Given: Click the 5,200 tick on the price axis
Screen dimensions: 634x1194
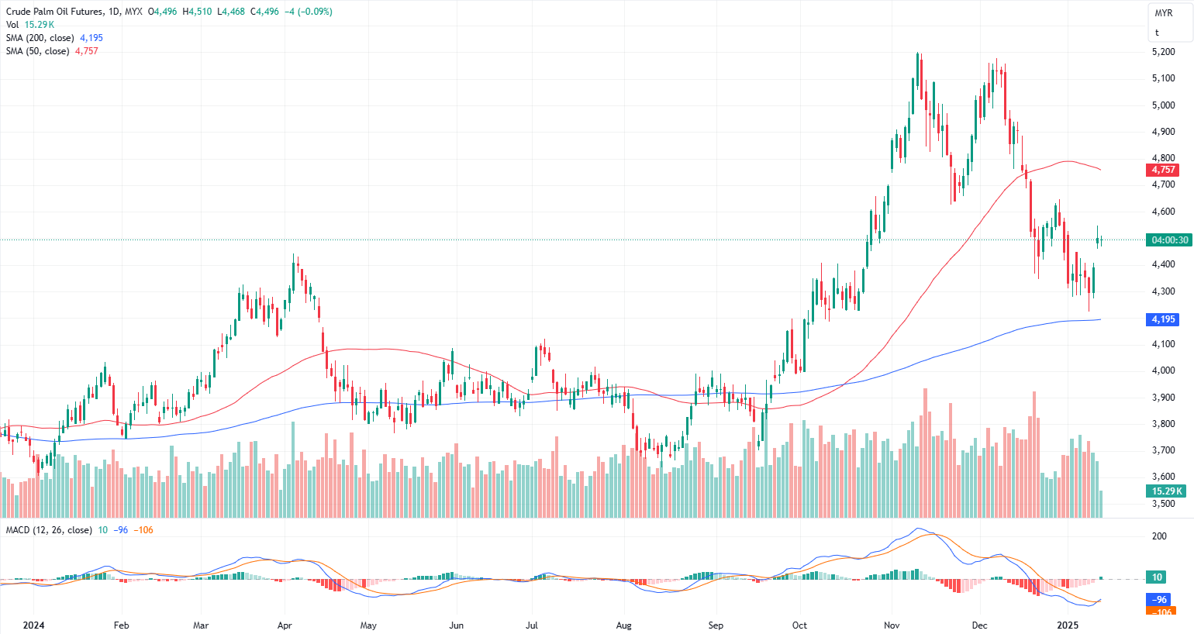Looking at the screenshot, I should click(x=1162, y=52).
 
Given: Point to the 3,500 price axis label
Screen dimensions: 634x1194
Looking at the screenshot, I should click(x=1162, y=504).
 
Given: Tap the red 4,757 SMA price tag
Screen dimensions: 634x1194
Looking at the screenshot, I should click(x=1162, y=170).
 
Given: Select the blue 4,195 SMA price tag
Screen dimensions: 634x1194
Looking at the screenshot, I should click(x=1162, y=319).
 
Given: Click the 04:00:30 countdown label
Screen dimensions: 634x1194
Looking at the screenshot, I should click(x=1169, y=240).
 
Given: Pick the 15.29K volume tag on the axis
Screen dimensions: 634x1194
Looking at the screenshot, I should click(x=1166, y=491).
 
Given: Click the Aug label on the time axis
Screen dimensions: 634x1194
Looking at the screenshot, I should click(x=624, y=625).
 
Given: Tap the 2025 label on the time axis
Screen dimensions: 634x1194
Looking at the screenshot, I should click(x=1068, y=625).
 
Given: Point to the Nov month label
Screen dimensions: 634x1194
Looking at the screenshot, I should click(x=892, y=625).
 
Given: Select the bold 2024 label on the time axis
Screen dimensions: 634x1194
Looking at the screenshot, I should click(x=33, y=625).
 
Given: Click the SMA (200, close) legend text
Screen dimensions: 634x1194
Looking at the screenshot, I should click(x=40, y=38).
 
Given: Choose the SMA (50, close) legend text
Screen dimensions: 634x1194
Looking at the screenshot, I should click(x=37, y=51).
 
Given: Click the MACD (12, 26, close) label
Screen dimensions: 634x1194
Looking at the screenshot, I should click(x=49, y=530).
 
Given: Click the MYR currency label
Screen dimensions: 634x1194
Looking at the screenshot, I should click(x=1163, y=13).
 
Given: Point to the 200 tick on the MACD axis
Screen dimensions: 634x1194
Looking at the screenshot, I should click(x=1159, y=536).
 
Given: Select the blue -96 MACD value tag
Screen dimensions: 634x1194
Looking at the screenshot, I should click(x=1159, y=600).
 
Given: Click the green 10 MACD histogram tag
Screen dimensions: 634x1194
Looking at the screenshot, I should click(x=1157, y=577).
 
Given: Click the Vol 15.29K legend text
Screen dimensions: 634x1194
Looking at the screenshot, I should click(x=30, y=25).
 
